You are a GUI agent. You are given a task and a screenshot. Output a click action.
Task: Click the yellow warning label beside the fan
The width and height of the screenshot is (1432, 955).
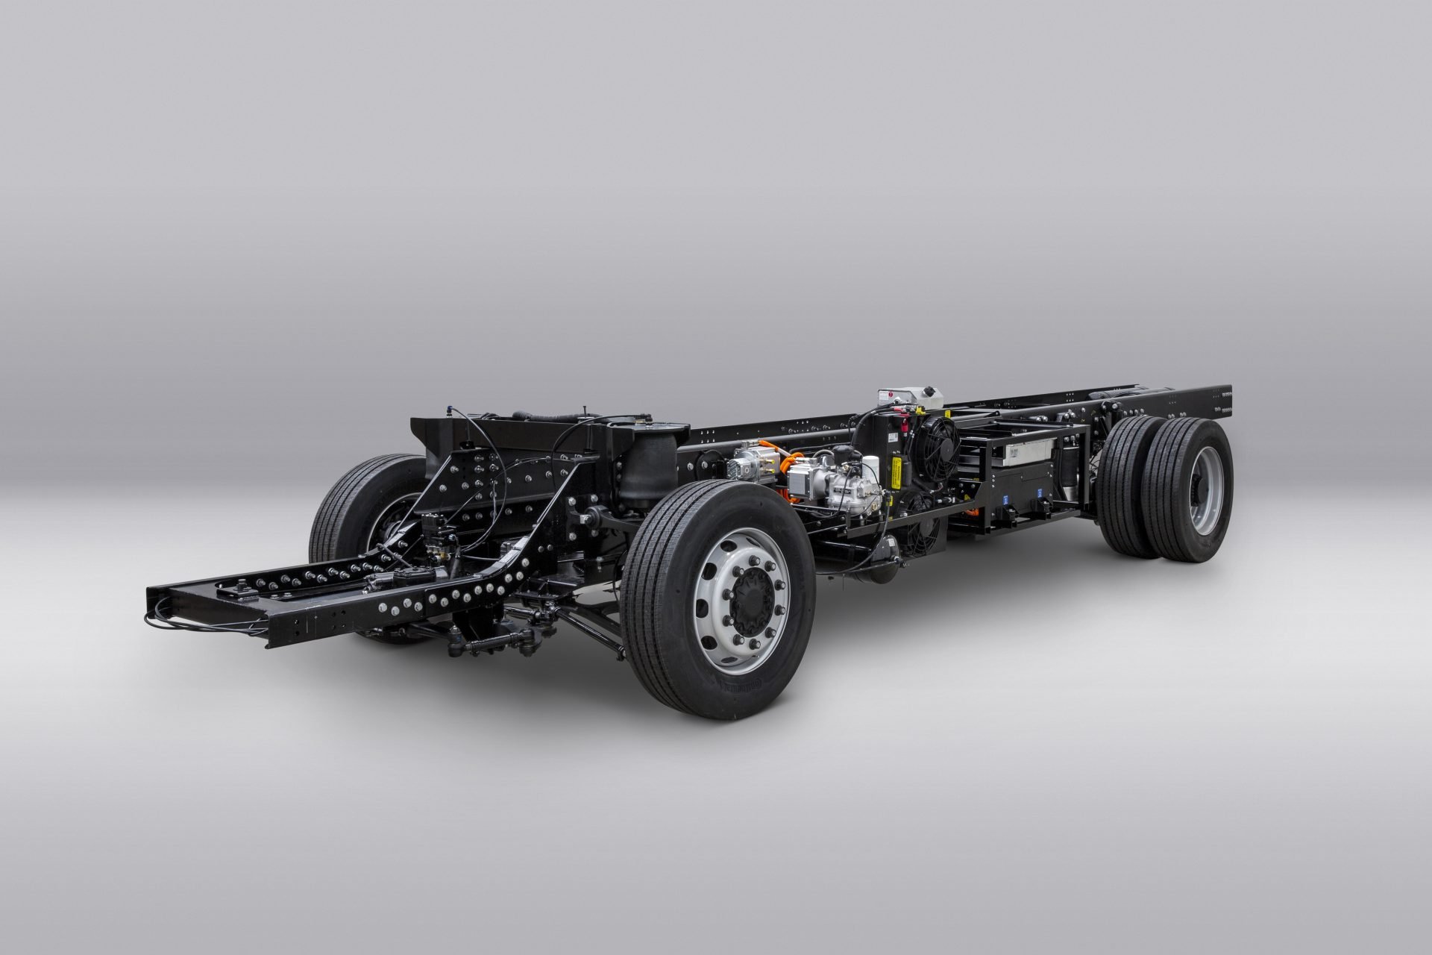click(x=892, y=473)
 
